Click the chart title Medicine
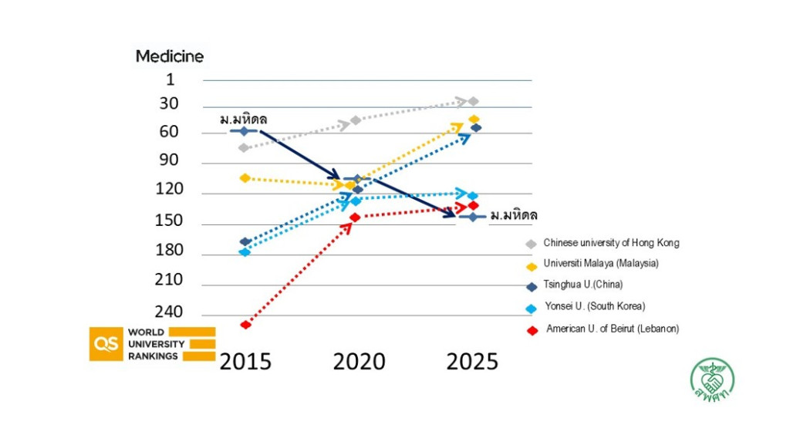tap(170, 56)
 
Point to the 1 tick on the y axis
tap(170, 79)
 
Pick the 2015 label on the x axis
tap(245, 362)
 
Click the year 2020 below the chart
tap(359, 362)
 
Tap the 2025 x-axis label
tap(472, 362)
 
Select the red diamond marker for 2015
tap(245, 325)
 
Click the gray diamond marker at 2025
tap(473, 101)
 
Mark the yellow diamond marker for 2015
tap(245, 178)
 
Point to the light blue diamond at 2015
tap(245, 252)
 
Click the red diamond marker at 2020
tap(355, 218)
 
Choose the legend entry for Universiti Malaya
tap(601, 263)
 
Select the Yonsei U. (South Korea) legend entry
tap(594, 306)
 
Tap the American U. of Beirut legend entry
tap(612, 329)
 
